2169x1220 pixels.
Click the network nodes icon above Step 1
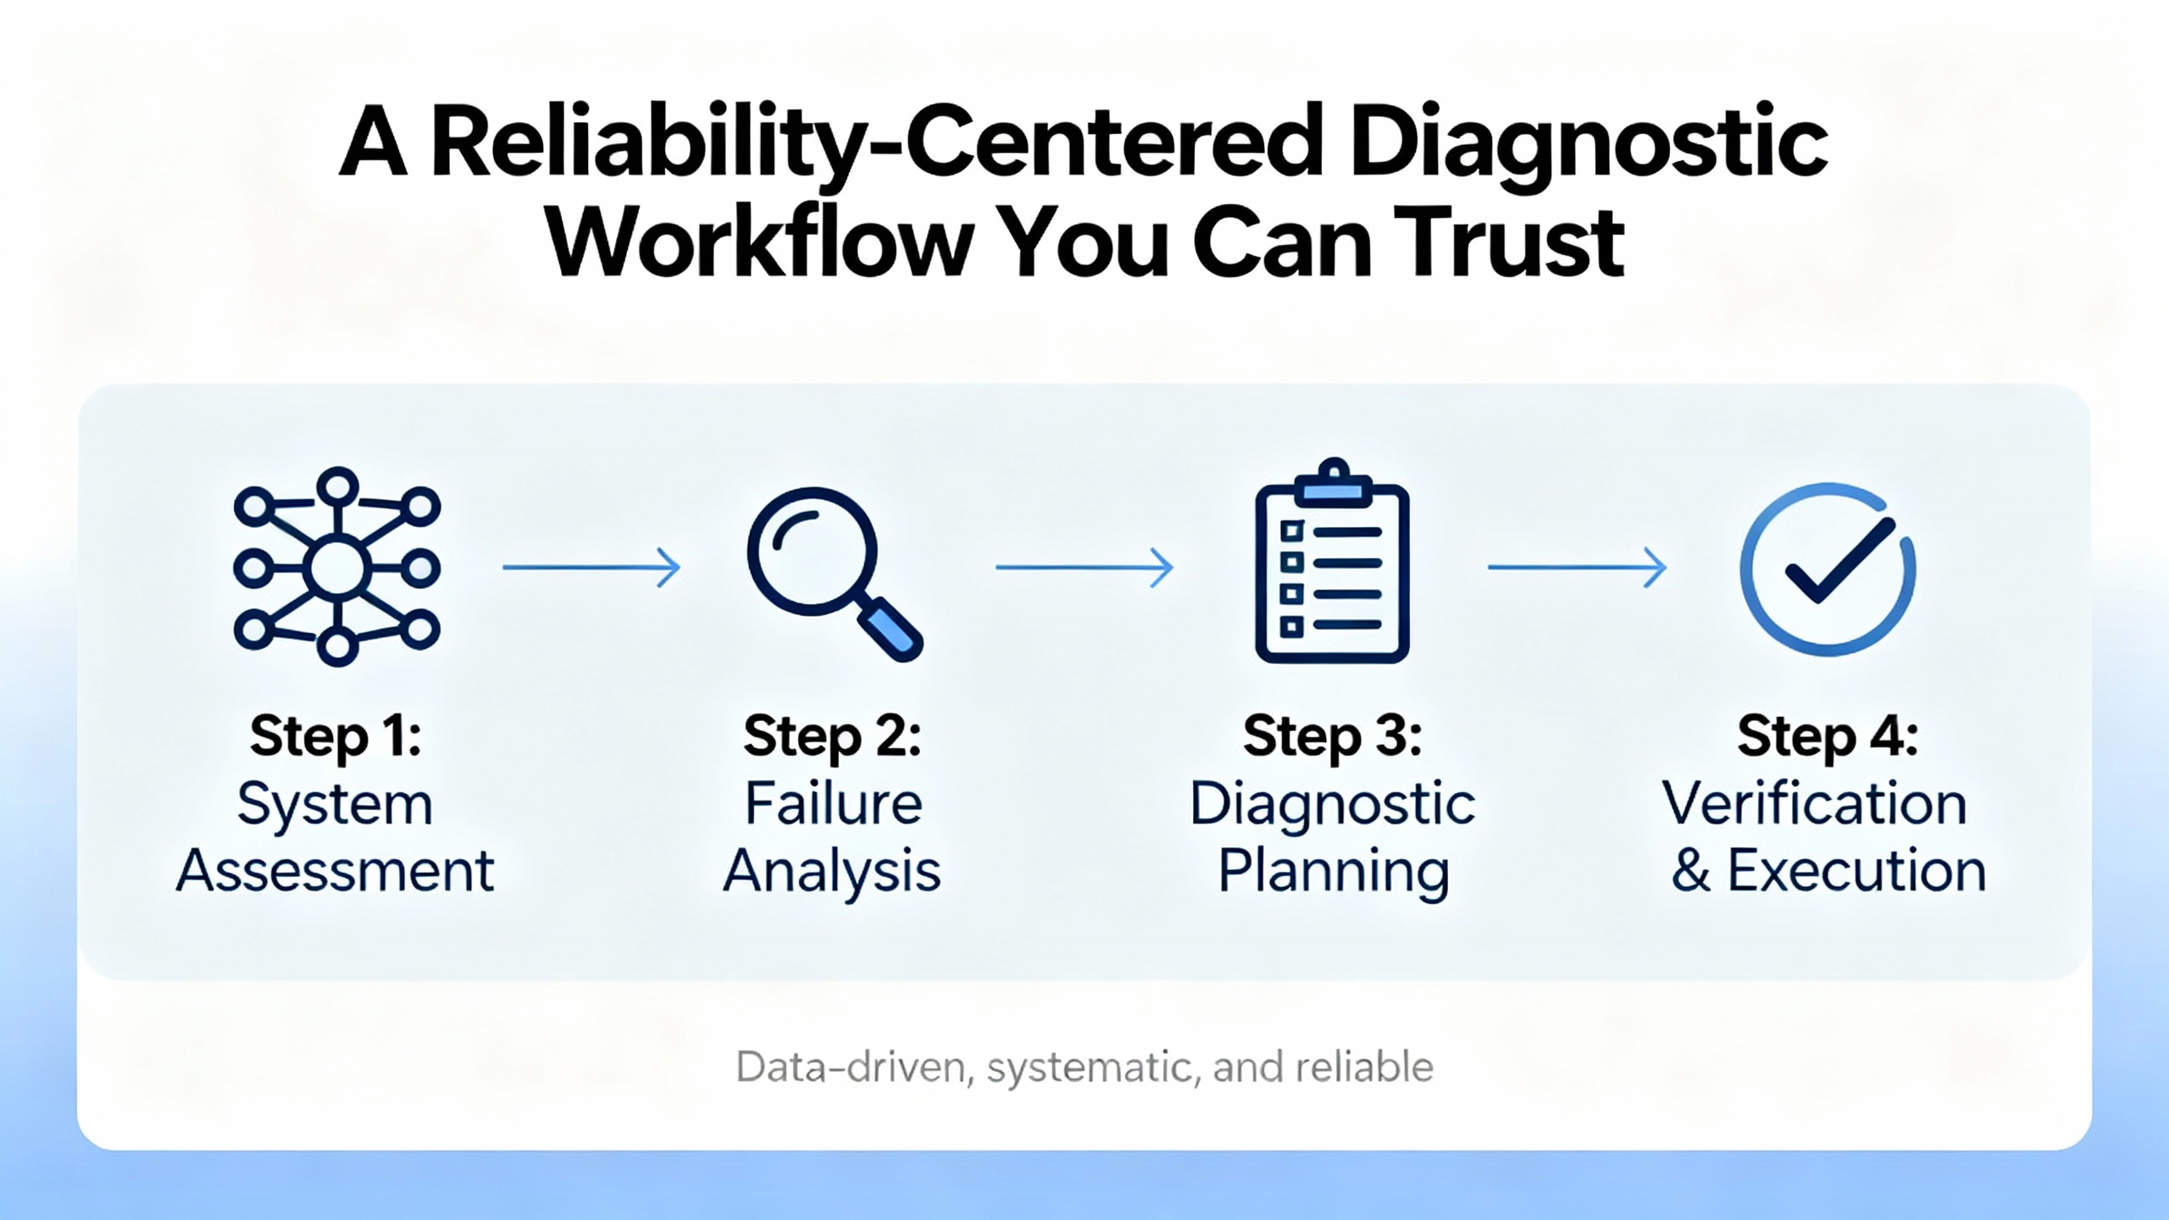(x=337, y=566)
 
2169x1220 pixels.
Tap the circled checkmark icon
(x=1828, y=569)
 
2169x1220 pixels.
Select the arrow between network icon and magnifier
(x=591, y=567)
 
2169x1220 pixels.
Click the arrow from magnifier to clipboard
(x=1084, y=567)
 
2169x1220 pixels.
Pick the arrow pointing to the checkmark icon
(x=1578, y=567)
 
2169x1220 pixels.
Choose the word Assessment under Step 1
(x=336, y=871)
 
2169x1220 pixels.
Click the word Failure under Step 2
(x=834, y=803)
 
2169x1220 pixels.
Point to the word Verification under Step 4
(x=1814, y=803)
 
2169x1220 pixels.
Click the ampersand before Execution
(x=1691, y=871)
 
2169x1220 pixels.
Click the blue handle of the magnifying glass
(x=890, y=629)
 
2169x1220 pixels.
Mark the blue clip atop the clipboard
(x=1333, y=485)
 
